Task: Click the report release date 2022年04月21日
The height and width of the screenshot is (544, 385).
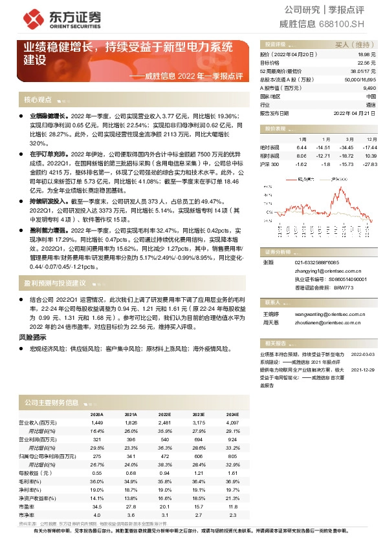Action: pos(355,112)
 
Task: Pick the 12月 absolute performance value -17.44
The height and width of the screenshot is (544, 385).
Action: pos(371,148)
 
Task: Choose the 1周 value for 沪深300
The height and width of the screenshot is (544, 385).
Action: pos(301,164)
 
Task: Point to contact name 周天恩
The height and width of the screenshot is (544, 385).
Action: pos(270,321)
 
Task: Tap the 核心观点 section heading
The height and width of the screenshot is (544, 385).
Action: pos(38,100)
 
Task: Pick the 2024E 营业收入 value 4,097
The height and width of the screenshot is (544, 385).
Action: pos(232,421)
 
